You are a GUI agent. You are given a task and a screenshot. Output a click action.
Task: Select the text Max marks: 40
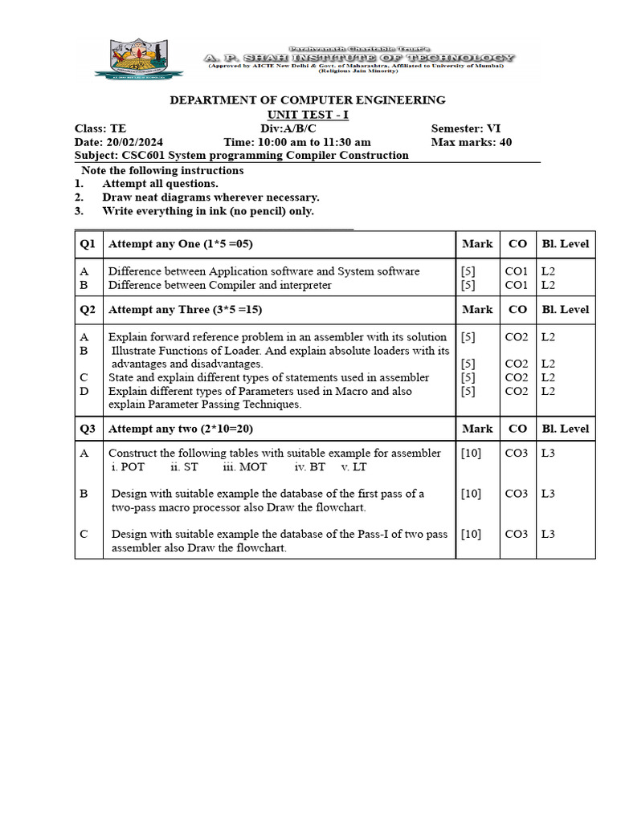[x=471, y=142]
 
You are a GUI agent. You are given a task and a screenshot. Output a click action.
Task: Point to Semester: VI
[x=466, y=128]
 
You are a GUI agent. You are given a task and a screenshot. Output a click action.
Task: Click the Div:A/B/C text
[x=288, y=128]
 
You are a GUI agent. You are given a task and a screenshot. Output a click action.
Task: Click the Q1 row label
[x=88, y=244]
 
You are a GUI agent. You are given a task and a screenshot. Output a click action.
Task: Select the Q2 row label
[x=88, y=309]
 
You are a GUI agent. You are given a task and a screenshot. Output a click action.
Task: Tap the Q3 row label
[x=88, y=429]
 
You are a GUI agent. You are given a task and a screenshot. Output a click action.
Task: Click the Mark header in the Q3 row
[x=477, y=429]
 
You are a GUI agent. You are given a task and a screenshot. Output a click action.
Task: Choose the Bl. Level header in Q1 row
[x=565, y=244]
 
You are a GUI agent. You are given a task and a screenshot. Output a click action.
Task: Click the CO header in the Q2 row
[x=518, y=309]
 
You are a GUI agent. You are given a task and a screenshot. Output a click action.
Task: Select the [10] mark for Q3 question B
[x=471, y=494]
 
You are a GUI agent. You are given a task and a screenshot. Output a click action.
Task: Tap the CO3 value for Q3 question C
[x=517, y=534]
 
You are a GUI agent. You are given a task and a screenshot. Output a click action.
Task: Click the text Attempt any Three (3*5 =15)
[x=185, y=309]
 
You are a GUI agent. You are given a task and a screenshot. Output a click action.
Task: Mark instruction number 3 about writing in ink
[x=207, y=211]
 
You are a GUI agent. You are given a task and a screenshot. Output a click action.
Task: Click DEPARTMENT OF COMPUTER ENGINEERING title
[x=306, y=100]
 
